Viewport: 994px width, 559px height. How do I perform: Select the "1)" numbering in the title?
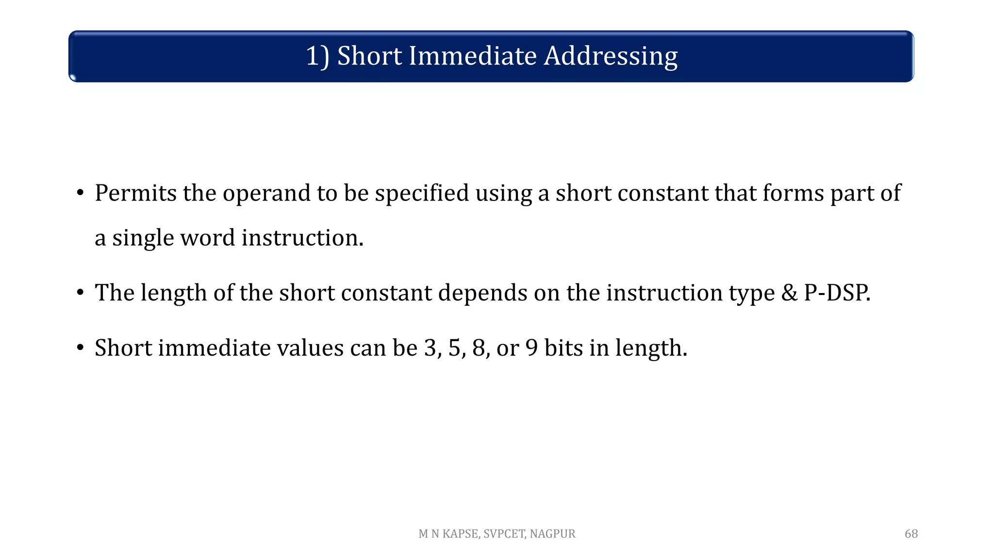(x=318, y=56)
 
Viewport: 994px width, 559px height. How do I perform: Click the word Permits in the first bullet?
(x=135, y=193)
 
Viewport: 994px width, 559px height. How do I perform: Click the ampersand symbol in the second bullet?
(x=789, y=293)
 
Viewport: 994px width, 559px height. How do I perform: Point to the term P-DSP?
(x=837, y=293)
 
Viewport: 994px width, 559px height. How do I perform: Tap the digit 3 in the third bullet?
(x=430, y=348)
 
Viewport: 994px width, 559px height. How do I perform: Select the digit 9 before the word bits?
(x=531, y=348)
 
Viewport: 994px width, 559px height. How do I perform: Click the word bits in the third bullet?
(x=563, y=348)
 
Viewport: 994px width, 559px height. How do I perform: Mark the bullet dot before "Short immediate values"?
(x=81, y=348)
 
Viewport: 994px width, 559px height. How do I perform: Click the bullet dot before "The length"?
(x=81, y=293)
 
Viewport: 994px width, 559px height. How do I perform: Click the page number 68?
(x=911, y=534)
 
